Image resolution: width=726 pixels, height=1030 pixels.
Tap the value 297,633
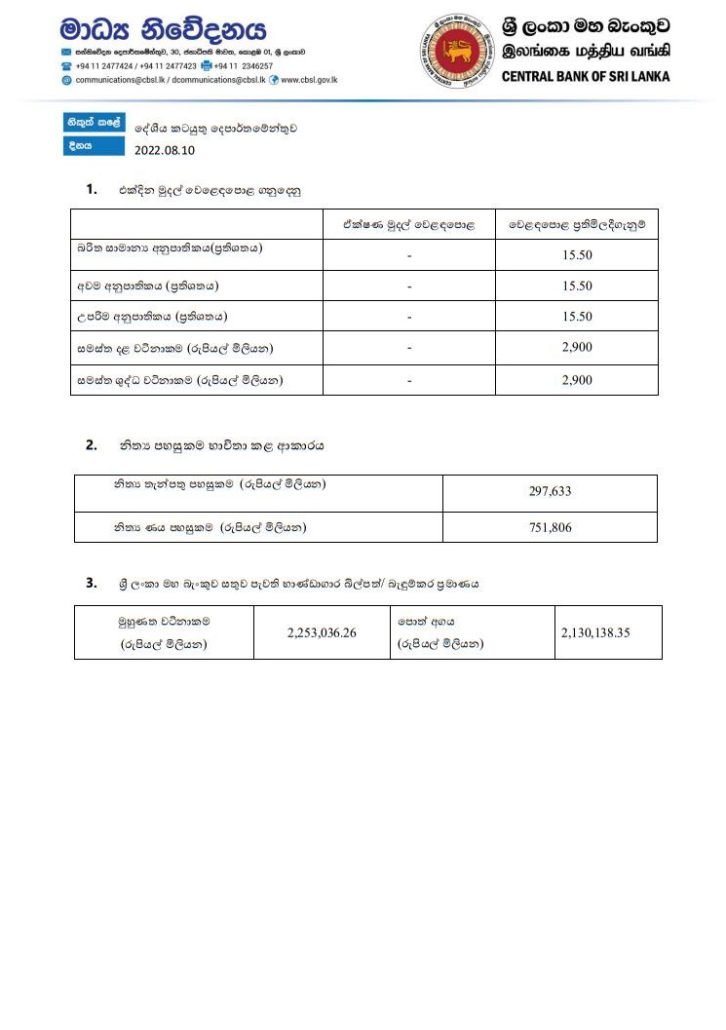pyautogui.click(x=550, y=491)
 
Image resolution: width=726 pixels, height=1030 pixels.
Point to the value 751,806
pyautogui.click(x=550, y=527)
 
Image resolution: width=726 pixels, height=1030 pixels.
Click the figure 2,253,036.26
pyautogui.click(x=322, y=632)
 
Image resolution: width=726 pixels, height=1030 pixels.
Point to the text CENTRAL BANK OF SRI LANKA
pyautogui.click(x=586, y=76)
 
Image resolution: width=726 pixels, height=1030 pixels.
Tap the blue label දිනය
pyautogui.click(x=80, y=146)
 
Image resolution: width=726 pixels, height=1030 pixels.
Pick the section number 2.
pyautogui.click(x=91, y=445)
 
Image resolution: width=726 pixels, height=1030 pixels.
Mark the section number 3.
pyautogui.click(x=91, y=583)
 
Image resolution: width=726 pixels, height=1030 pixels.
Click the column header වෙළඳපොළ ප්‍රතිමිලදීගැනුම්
pyautogui.click(x=577, y=225)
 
